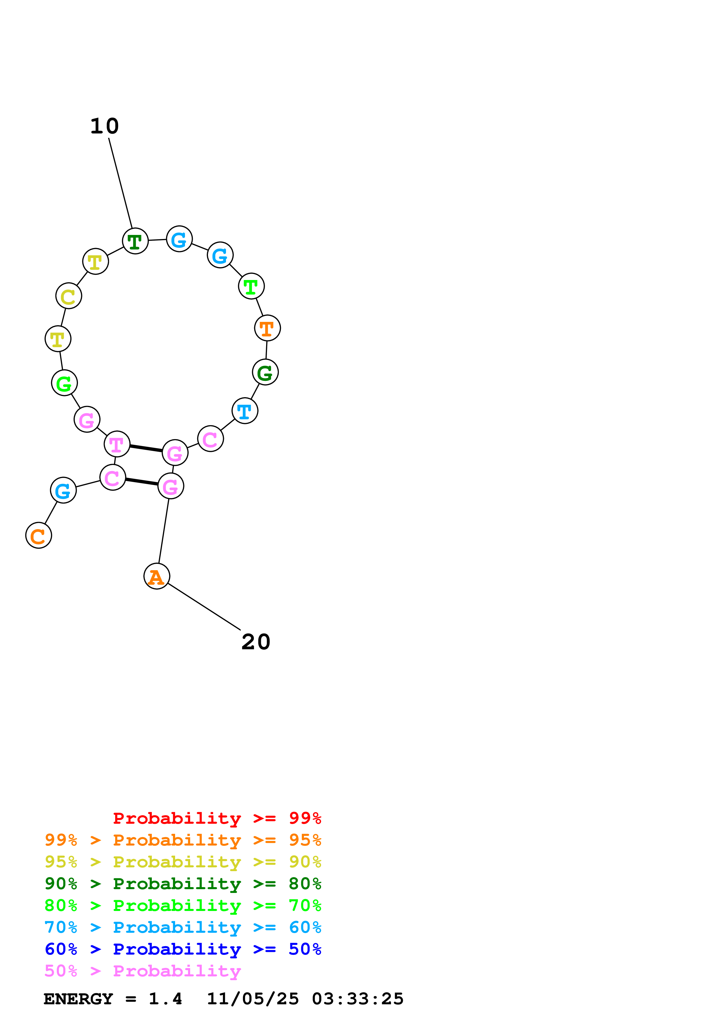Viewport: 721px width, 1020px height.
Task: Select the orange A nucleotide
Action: tap(157, 576)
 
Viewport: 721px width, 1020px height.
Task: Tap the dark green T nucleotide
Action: tap(135, 241)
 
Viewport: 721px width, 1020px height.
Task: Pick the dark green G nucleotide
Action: tap(265, 372)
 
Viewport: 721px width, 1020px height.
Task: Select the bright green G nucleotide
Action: tap(64, 383)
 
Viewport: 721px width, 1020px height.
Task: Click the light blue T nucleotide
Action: tap(245, 411)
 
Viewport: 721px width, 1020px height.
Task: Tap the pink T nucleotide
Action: tap(117, 444)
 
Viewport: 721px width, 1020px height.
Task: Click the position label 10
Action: tap(105, 126)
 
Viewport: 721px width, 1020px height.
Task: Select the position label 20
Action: tap(256, 642)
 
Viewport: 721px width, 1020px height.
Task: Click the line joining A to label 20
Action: tap(204, 607)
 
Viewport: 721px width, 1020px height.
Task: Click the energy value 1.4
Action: tap(165, 999)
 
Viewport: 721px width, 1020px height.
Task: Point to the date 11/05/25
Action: tap(253, 999)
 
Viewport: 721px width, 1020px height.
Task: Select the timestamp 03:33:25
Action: tap(358, 999)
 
